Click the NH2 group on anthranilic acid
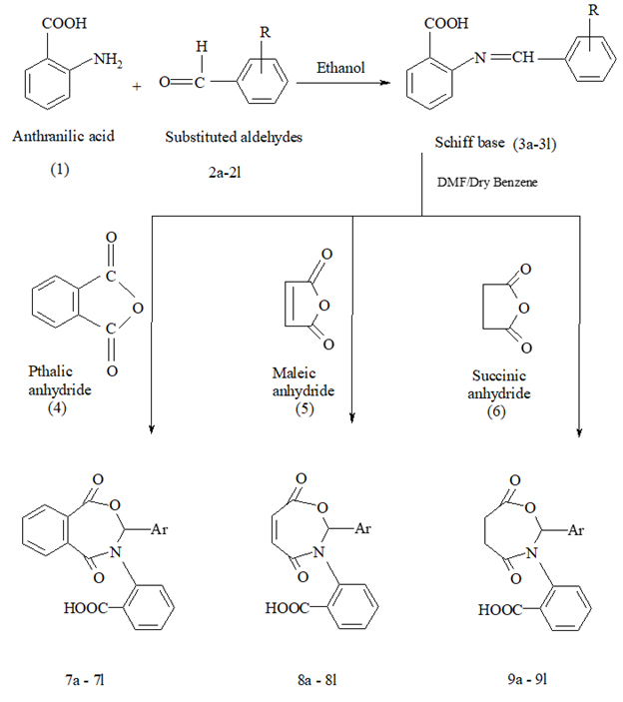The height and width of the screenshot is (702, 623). [108, 60]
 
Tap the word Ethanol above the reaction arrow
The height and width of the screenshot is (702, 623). [340, 68]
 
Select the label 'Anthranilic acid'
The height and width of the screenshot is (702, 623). [63, 136]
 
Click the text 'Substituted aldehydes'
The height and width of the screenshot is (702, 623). [234, 137]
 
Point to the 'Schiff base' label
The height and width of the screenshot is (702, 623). [469, 143]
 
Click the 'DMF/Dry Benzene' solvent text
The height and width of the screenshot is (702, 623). [487, 182]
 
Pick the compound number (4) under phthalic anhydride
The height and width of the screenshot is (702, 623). [57, 408]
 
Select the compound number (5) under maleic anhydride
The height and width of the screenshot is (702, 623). [305, 409]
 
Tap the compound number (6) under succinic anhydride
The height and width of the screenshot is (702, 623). [497, 411]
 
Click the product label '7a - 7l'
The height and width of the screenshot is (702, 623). [85, 680]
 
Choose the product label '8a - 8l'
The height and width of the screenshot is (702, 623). [316, 680]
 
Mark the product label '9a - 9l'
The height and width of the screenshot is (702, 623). [527, 679]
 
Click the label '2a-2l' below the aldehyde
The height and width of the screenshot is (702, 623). [225, 173]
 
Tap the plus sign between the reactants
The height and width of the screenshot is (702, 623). [137, 87]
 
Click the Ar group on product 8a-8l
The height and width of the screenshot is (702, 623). [363, 528]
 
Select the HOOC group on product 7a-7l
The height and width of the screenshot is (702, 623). [86, 607]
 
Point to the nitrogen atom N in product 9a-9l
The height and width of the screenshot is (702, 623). [532, 553]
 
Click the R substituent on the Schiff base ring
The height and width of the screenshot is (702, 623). [593, 10]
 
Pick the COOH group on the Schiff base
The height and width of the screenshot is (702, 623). [446, 23]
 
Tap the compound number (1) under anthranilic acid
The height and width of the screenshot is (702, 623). [60, 169]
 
